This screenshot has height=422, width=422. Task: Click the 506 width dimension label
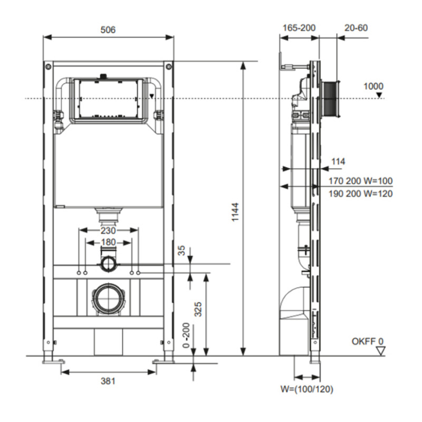coord(108,30)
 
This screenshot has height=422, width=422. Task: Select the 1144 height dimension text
coord(235,212)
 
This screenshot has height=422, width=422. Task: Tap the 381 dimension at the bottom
coord(108,381)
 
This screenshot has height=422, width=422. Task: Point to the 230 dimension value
coord(108,231)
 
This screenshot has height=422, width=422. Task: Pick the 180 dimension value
coord(108,242)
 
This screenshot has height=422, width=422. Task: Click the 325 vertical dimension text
coord(198,309)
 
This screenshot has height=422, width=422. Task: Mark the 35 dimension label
coord(182,250)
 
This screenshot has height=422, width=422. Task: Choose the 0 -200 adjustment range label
coord(186,335)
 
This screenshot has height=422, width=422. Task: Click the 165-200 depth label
coord(299,28)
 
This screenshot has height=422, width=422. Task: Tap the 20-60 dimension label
coord(356,28)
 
